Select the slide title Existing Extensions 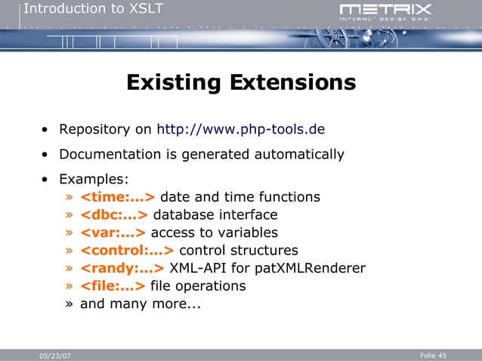[241, 82]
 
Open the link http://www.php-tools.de [240, 128]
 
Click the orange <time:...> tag [117, 197]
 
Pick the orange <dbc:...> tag [113, 214]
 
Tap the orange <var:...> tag [113, 233]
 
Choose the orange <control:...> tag [127, 250]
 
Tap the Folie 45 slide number [433, 355]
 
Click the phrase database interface [215, 214]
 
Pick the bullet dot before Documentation [47, 155]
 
